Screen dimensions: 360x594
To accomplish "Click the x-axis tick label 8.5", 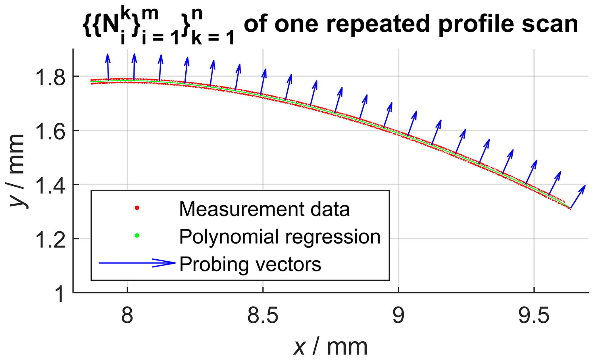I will coord(263,316).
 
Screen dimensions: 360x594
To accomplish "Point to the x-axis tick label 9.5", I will coord(534,316).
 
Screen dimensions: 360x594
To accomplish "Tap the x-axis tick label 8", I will coord(127,316).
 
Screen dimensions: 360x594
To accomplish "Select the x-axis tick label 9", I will coord(398,316).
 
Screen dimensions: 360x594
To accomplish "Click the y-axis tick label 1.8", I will coord(49,77).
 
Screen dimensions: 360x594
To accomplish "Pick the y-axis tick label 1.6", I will coord(49,131).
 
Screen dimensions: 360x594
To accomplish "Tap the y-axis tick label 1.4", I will coord(49,185).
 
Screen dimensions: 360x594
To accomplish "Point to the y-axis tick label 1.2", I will coord(49,239).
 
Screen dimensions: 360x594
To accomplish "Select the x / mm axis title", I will coord(330,347).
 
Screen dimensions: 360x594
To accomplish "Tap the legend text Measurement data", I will coord(264,209).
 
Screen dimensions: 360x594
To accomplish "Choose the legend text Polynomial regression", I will coord(280,236).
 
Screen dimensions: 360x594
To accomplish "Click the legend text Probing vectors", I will coord(250,264).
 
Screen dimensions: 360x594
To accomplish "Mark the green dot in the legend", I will coord(137,235).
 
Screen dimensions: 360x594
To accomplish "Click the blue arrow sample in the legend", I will coord(137,263).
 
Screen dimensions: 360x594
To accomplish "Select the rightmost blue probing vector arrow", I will coord(578,197).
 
